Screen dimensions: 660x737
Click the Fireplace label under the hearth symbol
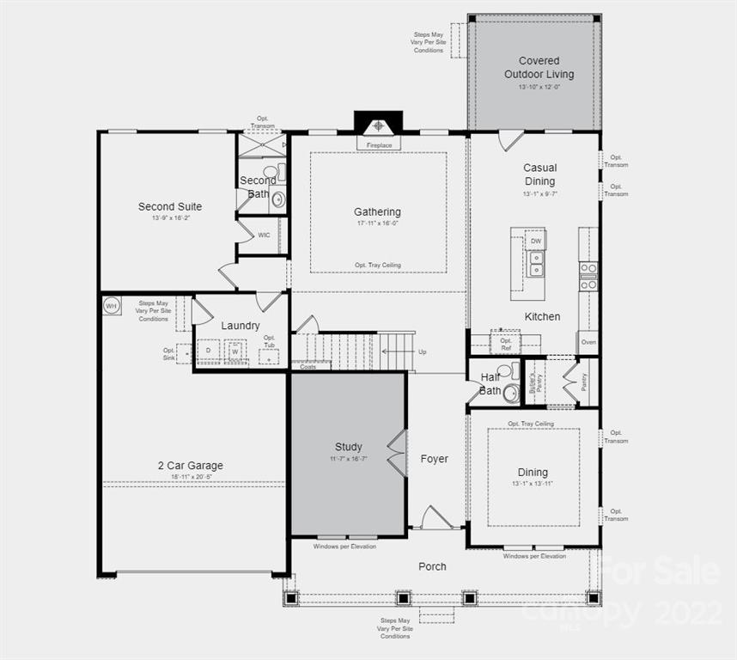point(379,145)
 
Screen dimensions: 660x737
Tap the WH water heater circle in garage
point(111,305)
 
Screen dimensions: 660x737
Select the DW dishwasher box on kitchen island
point(536,241)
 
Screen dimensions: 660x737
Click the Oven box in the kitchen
point(588,342)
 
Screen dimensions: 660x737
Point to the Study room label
point(348,447)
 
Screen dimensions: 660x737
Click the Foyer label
point(434,459)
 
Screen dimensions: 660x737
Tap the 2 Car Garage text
point(190,466)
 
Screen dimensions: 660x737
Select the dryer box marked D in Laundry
point(208,351)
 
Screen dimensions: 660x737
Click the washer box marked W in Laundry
point(234,351)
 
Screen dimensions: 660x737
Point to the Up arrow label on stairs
point(422,352)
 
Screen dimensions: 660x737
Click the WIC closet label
point(264,235)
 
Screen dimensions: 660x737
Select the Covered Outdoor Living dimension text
point(539,87)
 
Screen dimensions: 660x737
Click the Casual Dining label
point(539,174)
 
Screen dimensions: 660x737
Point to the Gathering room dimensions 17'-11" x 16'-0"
point(377,223)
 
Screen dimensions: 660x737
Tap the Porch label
point(432,566)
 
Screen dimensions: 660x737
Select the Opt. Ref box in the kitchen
point(505,344)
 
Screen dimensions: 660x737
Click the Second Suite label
point(170,206)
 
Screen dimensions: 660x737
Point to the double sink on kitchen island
point(536,264)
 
